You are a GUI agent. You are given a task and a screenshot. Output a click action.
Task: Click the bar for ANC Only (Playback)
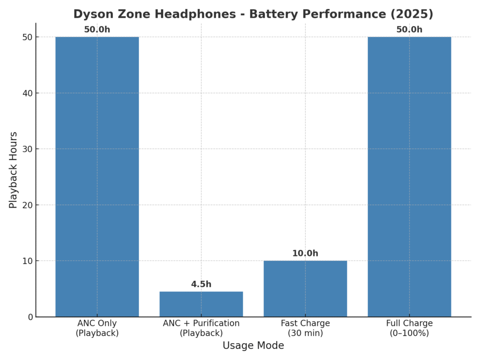[97, 177]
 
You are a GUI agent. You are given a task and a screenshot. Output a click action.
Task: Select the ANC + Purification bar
[201, 304]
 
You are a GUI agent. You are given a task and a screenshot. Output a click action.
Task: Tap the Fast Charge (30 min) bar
[305, 289]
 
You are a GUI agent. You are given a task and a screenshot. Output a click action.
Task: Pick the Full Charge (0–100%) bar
[409, 177]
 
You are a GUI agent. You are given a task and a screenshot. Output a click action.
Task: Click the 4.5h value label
[201, 285]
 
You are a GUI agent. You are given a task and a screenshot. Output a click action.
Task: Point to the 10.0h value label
[305, 254]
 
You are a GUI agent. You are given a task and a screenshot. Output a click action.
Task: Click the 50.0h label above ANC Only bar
[97, 30]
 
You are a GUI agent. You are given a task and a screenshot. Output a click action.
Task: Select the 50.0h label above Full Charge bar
[409, 30]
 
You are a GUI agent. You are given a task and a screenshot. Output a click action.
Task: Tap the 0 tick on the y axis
[30, 317]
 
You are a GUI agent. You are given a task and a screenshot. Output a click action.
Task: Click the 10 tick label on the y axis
[28, 261]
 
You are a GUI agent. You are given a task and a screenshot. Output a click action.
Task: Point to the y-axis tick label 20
[28, 205]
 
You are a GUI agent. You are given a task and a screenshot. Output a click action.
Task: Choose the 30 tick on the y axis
[28, 149]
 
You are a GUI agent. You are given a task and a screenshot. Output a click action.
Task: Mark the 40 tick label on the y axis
[28, 93]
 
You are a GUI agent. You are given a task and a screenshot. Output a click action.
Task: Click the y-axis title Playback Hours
[14, 170]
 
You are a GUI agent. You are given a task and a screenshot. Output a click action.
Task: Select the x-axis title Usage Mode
[253, 346]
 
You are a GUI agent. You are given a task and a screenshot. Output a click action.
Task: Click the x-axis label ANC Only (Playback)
[97, 328]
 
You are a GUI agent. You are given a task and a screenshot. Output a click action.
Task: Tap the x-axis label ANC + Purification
[201, 328]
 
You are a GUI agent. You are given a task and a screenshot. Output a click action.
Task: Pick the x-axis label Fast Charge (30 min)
[305, 328]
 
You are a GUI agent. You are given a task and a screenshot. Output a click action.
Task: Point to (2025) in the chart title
[411, 14]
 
